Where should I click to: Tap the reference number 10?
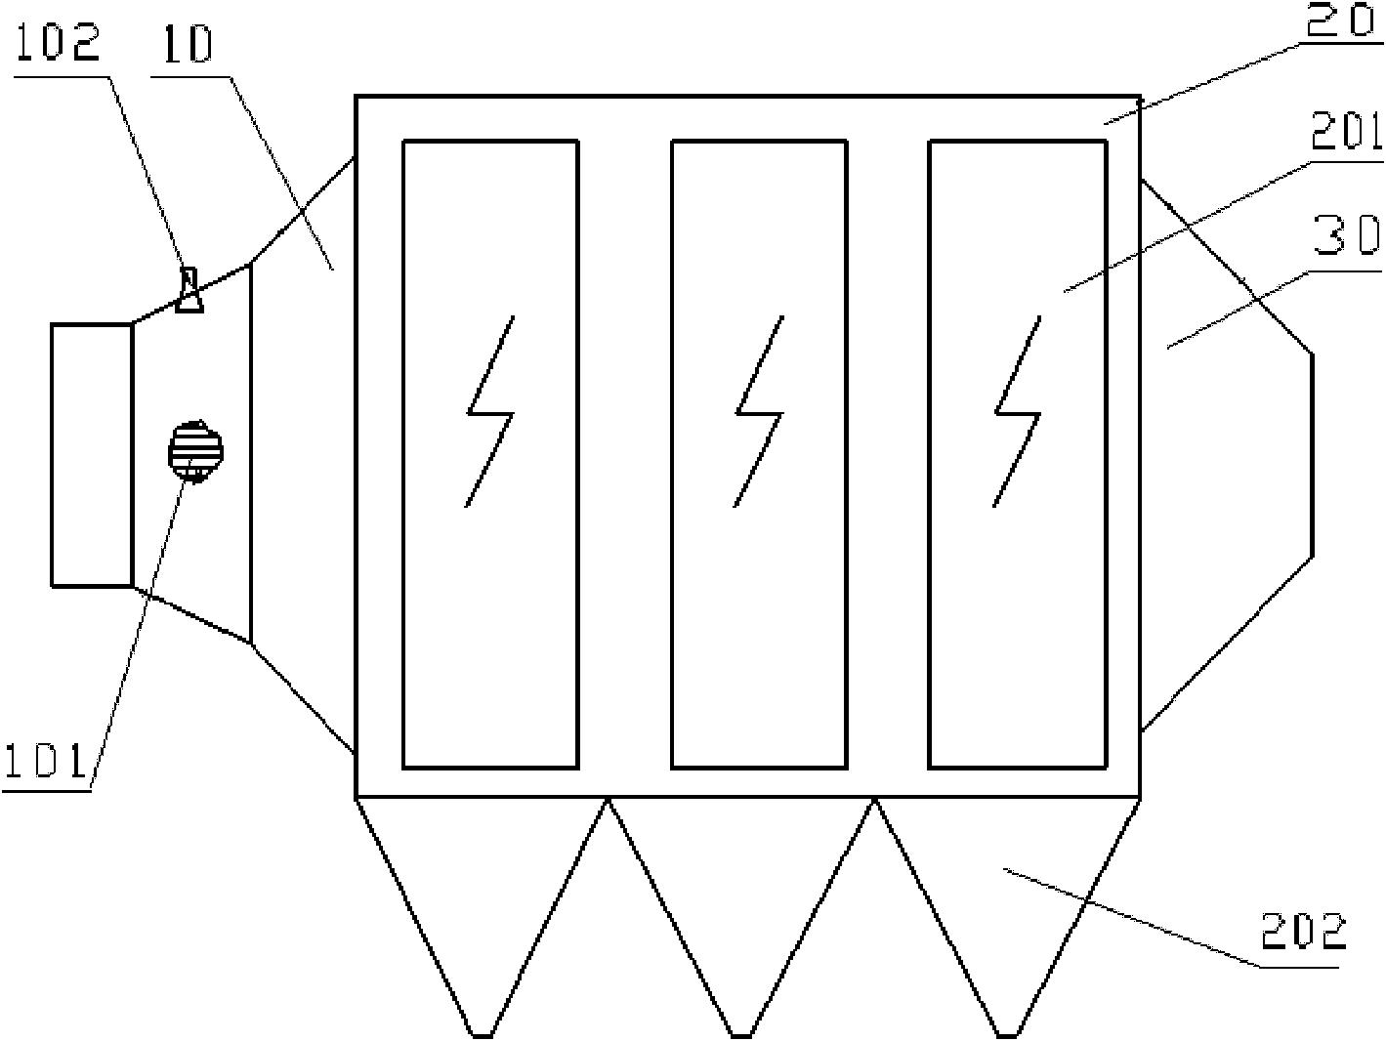click(188, 44)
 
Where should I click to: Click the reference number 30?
click(1347, 237)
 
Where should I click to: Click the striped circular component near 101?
click(195, 452)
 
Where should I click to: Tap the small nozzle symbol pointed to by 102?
click(189, 289)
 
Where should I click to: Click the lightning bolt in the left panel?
click(490, 411)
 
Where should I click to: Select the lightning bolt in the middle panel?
click(759, 411)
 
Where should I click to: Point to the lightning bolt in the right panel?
click(1018, 411)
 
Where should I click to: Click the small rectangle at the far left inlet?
click(92, 455)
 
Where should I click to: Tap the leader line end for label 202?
click(1004, 870)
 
